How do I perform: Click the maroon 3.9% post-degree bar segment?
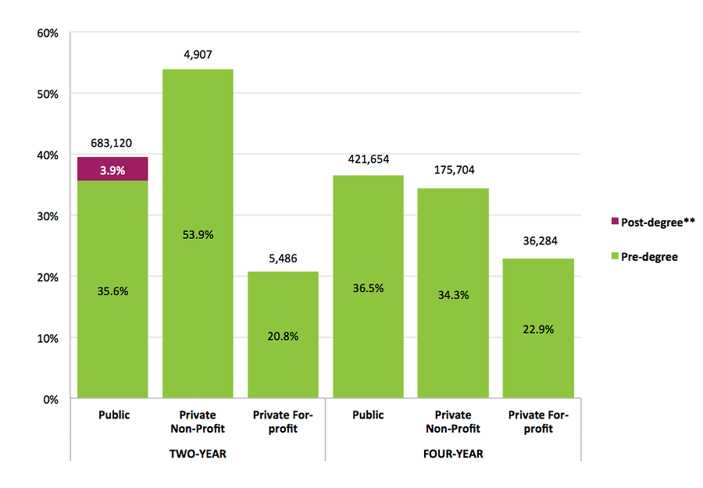[x=112, y=169]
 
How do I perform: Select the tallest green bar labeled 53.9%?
[x=198, y=234]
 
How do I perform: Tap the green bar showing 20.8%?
[x=283, y=335]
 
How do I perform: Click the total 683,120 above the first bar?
[x=112, y=143]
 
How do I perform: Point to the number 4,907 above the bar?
[x=198, y=55]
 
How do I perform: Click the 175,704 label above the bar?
[x=453, y=169]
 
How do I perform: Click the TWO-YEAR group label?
[x=198, y=454]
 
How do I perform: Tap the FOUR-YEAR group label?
[x=453, y=454]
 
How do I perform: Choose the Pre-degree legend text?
[x=649, y=256]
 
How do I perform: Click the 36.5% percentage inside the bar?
[x=368, y=288]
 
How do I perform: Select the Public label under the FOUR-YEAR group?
[x=368, y=415]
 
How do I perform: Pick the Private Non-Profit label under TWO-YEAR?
[x=198, y=422]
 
